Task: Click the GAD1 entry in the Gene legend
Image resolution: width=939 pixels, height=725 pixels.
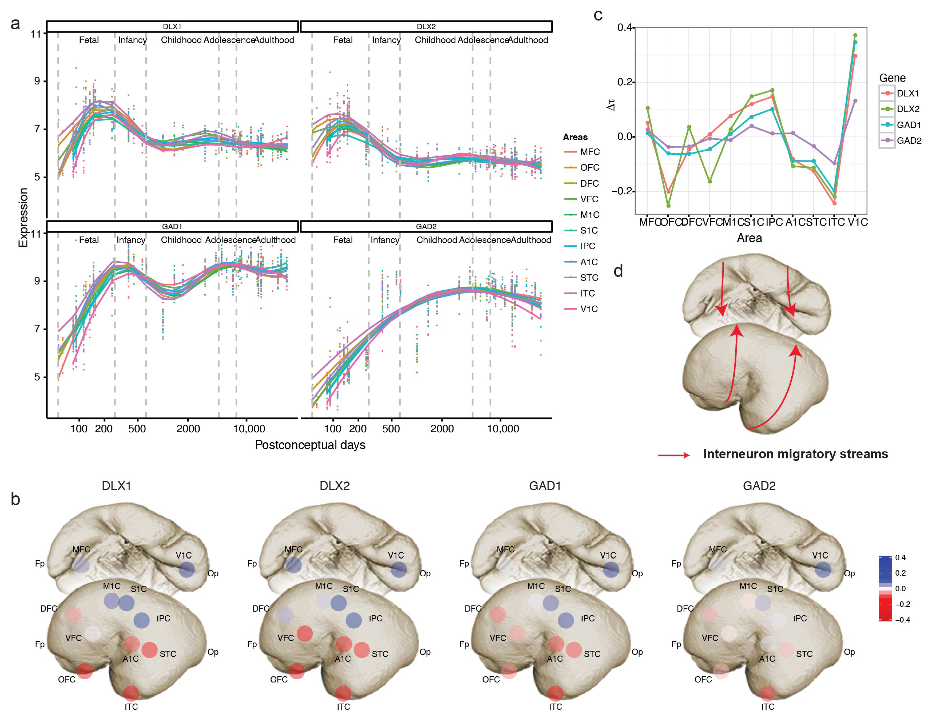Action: [x=908, y=125]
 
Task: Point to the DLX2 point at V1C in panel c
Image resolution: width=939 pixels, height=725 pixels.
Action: [x=855, y=35]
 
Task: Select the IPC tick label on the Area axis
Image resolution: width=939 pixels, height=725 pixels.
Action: [x=774, y=222]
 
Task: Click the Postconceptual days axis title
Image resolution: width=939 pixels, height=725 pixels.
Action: [x=310, y=445]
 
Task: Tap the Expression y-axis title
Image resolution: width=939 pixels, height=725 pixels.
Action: [x=23, y=217]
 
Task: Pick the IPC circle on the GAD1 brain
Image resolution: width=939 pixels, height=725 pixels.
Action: [x=566, y=620]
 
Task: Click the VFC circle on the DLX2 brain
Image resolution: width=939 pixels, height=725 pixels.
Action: [x=305, y=634]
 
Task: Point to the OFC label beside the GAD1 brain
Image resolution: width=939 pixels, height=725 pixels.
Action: [x=491, y=680]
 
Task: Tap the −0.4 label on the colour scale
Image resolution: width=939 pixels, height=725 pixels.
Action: [x=903, y=620]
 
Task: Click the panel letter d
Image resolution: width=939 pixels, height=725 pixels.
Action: [x=618, y=271]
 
